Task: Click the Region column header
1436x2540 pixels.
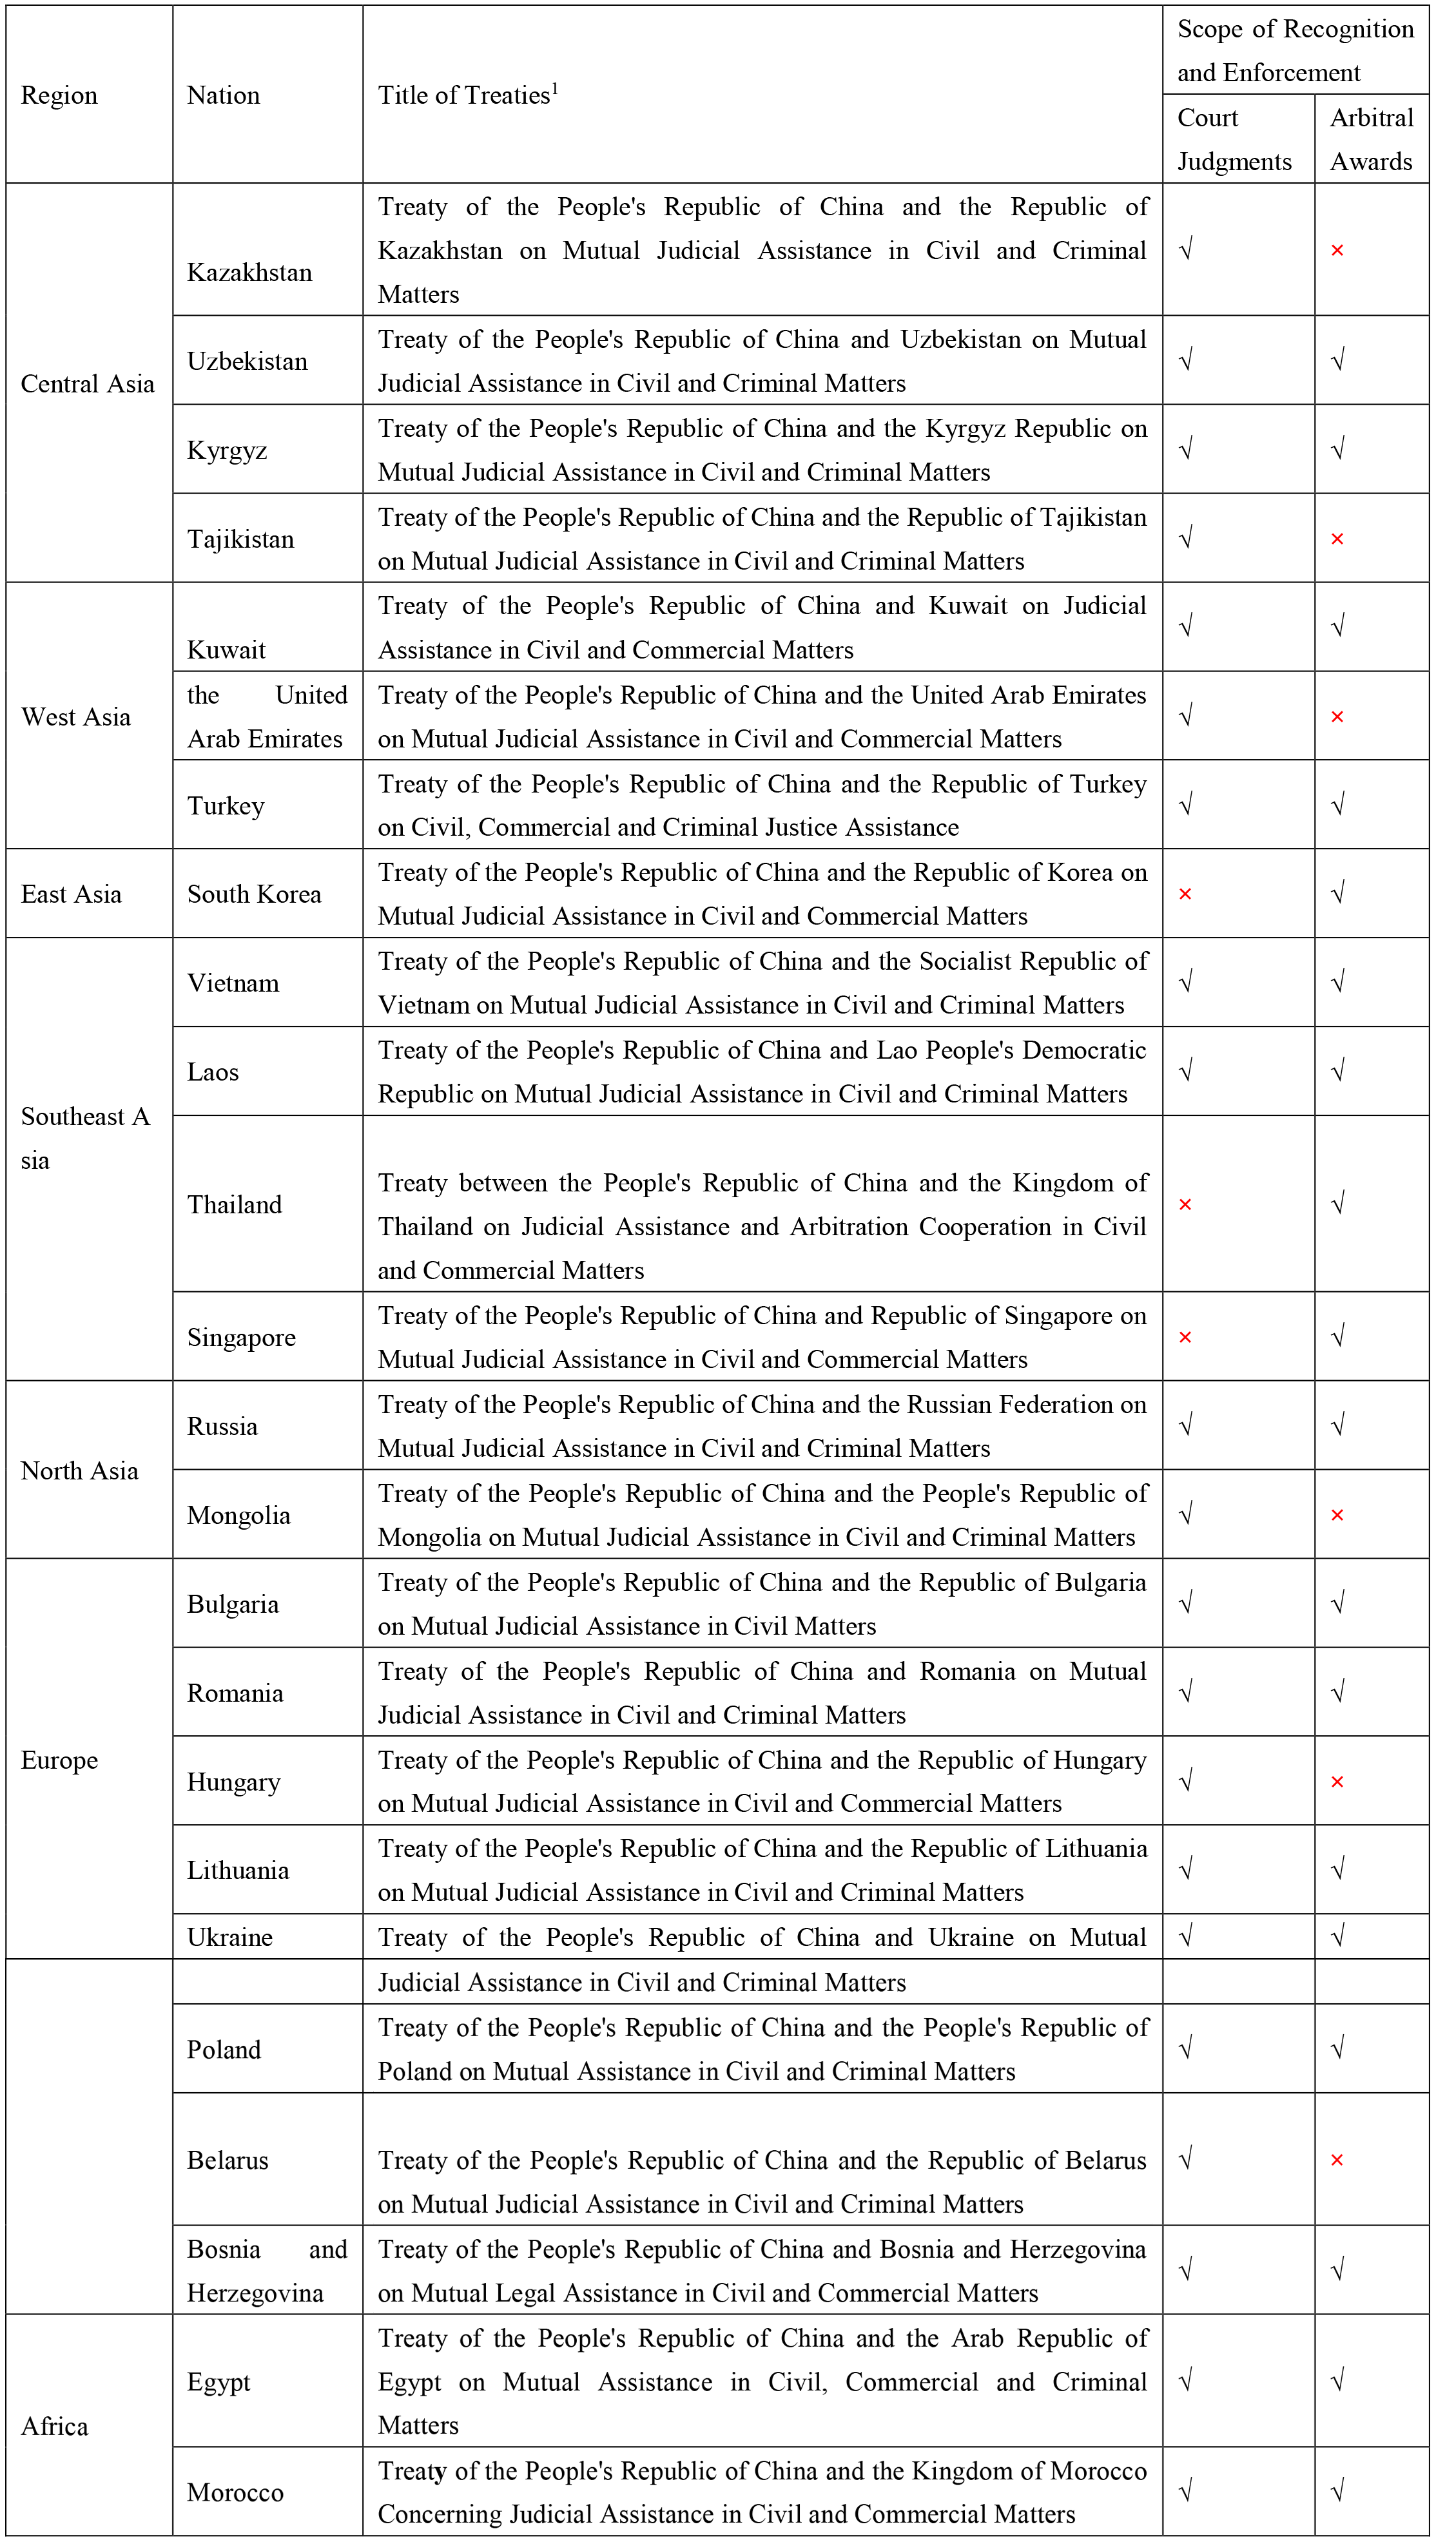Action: click(x=59, y=95)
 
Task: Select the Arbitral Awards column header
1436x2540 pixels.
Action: click(x=1371, y=139)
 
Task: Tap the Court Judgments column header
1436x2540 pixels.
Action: click(x=1234, y=139)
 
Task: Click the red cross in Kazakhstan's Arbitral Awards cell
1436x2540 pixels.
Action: click(x=1337, y=251)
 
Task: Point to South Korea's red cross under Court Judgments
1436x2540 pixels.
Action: click(x=1185, y=894)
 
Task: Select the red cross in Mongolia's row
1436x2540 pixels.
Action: click(x=1337, y=1515)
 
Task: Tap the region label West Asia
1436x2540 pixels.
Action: click(x=76, y=717)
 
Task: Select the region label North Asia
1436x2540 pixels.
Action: click(x=80, y=1471)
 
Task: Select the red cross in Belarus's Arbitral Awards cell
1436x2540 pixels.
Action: click(x=1337, y=2160)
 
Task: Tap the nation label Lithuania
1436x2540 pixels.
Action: click(x=238, y=1871)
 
